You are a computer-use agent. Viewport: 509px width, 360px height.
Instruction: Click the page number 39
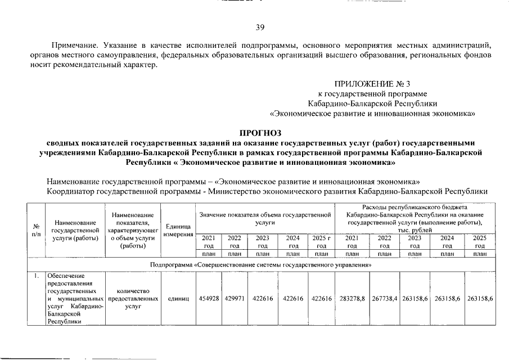(x=260, y=28)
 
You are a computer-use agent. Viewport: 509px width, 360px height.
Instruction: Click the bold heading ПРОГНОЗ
(x=260, y=133)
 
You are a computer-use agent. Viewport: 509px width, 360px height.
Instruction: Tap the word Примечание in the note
(x=71, y=44)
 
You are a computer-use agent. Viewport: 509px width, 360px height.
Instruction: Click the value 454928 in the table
(x=209, y=299)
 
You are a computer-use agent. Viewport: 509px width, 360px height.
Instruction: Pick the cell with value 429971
(x=235, y=299)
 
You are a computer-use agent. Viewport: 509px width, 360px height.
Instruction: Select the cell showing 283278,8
(x=353, y=299)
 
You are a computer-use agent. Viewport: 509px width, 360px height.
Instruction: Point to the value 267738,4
(x=385, y=299)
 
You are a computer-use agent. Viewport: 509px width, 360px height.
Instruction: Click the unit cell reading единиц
(x=178, y=299)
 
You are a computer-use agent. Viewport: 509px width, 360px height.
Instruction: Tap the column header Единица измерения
(x=178, y=230)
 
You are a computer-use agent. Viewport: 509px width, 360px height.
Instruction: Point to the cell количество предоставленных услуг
(x=133, y=299)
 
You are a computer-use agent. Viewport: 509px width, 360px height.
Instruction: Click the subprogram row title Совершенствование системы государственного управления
(x=259, y=264)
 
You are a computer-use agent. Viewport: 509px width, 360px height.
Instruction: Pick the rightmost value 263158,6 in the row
(x=480, y=299)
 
